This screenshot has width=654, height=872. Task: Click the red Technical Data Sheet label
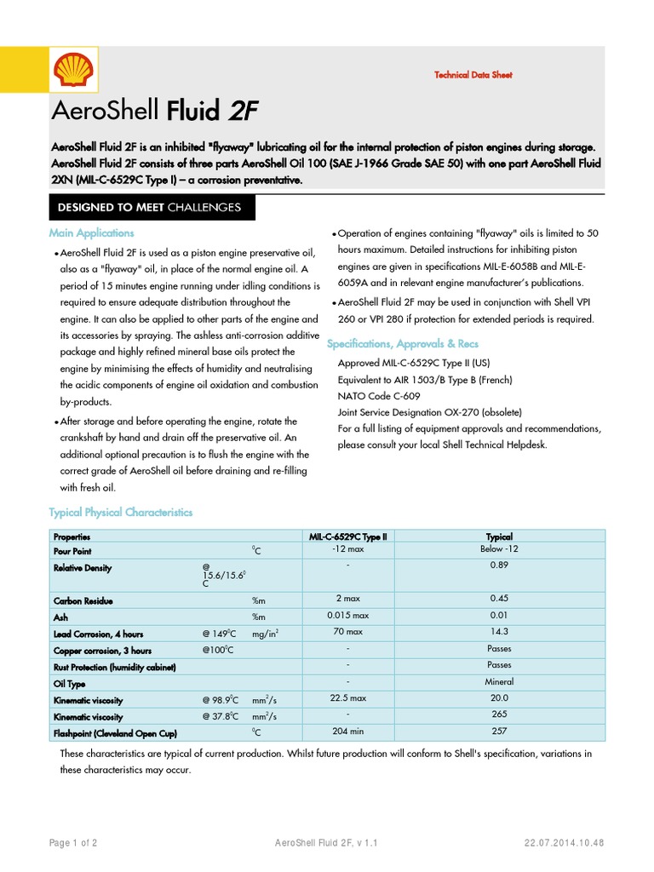[473, 75]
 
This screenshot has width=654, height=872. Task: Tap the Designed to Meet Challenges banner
[149, 207]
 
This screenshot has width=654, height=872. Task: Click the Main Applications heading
[91, 233]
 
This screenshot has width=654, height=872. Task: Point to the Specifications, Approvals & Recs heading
[403, 344]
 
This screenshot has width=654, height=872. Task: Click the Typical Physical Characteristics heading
[121, 513]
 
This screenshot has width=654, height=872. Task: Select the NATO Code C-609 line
[378, 396]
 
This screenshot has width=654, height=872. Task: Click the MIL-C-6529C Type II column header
[347, 537]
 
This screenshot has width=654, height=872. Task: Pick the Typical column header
[498, 537]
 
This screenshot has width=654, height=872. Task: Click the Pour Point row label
[72, 552]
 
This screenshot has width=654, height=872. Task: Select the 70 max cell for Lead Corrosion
[347, 632]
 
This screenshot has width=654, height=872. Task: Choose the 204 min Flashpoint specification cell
[347, 731]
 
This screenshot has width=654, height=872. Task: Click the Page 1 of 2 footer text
[73, 843]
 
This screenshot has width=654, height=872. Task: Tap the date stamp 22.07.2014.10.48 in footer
[565, 843]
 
